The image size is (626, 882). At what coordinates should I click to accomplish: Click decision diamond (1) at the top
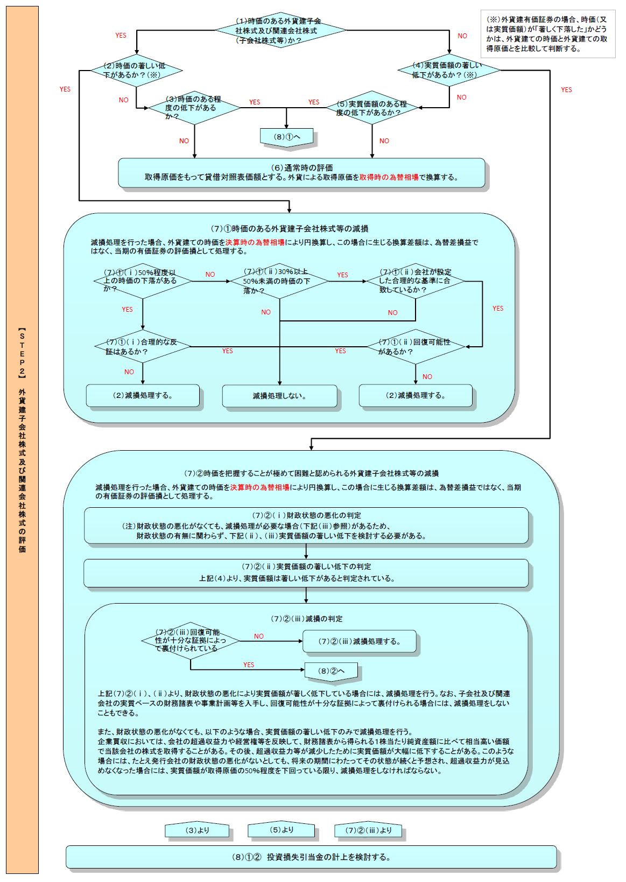(280, 30)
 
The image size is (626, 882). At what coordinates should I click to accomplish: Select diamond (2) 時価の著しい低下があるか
(136, 70)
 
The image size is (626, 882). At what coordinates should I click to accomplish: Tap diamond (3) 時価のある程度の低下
(194, 108)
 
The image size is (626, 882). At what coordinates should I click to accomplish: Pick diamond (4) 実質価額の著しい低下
(449, 70)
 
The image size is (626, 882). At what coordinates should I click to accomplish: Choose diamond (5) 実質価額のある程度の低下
(372, 108)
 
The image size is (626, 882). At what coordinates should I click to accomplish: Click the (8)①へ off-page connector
(287, 137)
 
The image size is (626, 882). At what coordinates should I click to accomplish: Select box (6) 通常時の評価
(301, 172)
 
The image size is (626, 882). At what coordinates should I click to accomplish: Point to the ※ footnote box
(547, 34)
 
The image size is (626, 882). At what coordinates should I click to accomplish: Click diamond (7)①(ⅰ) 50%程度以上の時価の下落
(143, 281)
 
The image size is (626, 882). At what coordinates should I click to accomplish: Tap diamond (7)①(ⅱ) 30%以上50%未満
(279, 281)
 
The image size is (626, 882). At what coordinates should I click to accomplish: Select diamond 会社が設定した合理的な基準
(416, 281)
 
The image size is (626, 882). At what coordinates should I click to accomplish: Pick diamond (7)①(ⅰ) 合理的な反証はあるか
(143, 347)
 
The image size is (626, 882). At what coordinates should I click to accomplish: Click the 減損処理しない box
(279, 396)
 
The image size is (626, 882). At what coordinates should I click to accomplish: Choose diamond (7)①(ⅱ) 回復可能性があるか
(416, 347)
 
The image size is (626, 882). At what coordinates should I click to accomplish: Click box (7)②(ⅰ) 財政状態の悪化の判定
(306, 525)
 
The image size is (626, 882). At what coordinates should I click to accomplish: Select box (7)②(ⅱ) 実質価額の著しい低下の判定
(306, 572)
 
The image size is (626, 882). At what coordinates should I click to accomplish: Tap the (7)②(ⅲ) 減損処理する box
(360, 641)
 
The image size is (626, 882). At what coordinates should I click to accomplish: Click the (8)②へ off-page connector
(331, 671)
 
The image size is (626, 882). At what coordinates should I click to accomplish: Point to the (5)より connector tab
(281, 830)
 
